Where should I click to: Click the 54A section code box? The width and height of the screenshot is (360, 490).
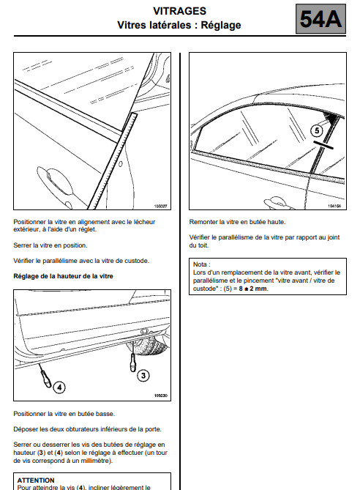(x=320, y=19)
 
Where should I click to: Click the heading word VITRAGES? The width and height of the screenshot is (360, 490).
(x=179, y=11)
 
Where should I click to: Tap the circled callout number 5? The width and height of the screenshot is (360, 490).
(x=317, y=130)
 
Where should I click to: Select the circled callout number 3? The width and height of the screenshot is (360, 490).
(x=143, y=375)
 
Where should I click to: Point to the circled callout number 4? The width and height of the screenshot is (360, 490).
(x=59, y=387)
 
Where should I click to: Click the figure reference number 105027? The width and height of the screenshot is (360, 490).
(x=161, y=207)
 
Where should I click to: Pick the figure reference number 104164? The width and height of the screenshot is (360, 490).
(x=334, y=207)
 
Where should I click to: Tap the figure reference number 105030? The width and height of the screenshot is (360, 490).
(x=161, y=396)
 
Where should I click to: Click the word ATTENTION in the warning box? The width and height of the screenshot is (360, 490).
(x=36, y=480)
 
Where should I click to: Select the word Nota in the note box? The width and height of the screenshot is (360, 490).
(x=200, y=264)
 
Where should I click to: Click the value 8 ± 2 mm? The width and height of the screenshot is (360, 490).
(x=253, y=289)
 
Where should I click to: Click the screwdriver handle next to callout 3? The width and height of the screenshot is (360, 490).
(x=133, y=363)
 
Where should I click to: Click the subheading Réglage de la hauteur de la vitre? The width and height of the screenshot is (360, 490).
(x=63, y=276)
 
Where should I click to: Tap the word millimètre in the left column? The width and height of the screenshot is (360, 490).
(x=95, y=461)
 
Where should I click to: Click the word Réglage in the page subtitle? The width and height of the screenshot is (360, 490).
(x=221, y=25)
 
